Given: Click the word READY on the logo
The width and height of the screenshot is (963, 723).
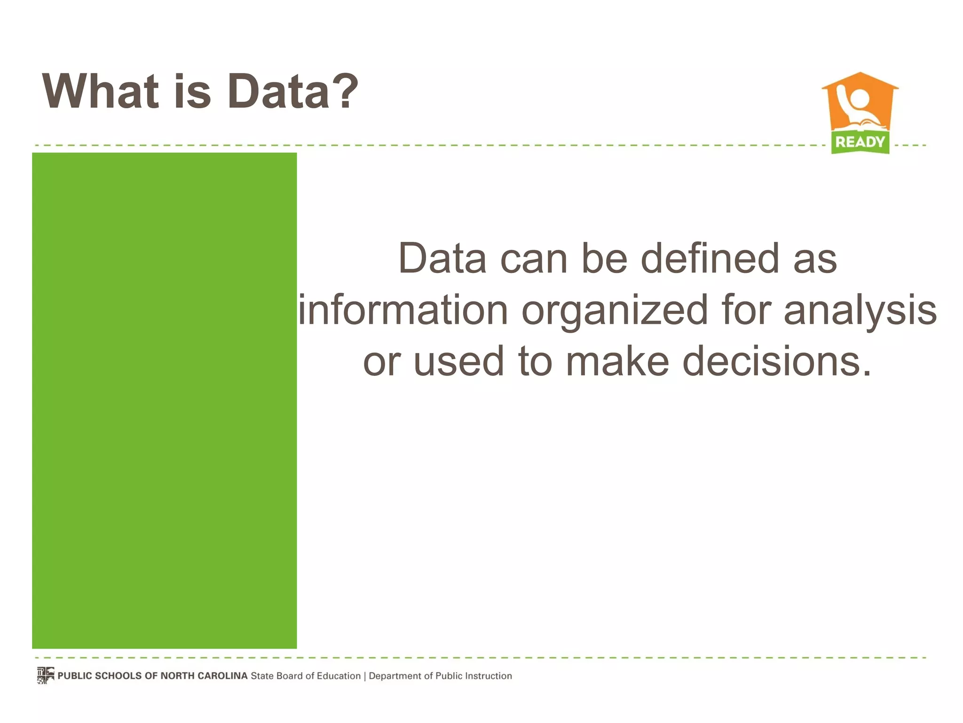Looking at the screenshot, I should click(860, 142).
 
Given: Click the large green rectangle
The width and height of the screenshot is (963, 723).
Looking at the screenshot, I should click(164, 400).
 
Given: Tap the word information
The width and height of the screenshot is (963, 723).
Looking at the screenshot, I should click(403, 310).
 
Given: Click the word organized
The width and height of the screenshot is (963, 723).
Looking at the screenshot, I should click(615, 310).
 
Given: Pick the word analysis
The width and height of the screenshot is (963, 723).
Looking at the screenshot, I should click(860, 310).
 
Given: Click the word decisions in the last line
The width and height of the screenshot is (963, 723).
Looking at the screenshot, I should click(777, 361).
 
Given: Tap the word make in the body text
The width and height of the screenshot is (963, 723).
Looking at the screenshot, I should click(617, 361).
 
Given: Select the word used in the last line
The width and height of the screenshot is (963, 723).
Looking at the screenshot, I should click(459, 361).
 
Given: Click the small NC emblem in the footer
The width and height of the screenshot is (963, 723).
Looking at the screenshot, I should click(46, 675).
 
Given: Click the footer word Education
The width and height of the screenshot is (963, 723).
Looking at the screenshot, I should click(338, 676).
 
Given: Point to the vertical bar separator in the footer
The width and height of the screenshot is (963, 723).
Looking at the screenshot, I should click(365, 676).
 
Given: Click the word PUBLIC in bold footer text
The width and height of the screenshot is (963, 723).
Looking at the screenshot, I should click(75, 676).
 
